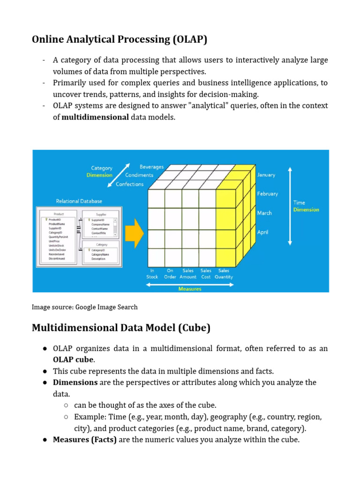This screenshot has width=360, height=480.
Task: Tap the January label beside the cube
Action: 266,175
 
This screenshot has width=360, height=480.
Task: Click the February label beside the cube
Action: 267,194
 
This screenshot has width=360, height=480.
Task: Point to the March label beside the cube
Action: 264,213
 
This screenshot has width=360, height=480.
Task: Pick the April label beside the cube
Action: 263,232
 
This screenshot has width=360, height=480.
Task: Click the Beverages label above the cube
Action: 151,167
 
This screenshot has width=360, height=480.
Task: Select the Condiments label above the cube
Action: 139,175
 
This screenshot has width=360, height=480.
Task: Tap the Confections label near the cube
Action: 129,184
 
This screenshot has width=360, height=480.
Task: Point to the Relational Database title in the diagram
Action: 79,201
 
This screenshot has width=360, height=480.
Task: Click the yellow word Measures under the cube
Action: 189,289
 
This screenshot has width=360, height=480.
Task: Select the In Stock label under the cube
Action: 152,274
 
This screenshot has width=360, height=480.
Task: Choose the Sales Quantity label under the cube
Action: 224,274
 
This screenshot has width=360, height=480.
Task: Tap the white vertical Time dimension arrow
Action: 290,206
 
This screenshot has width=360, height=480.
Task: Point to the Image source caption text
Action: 85,307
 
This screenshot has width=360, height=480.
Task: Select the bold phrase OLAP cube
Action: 74,360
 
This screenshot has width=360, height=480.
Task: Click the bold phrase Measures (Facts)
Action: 85,440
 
